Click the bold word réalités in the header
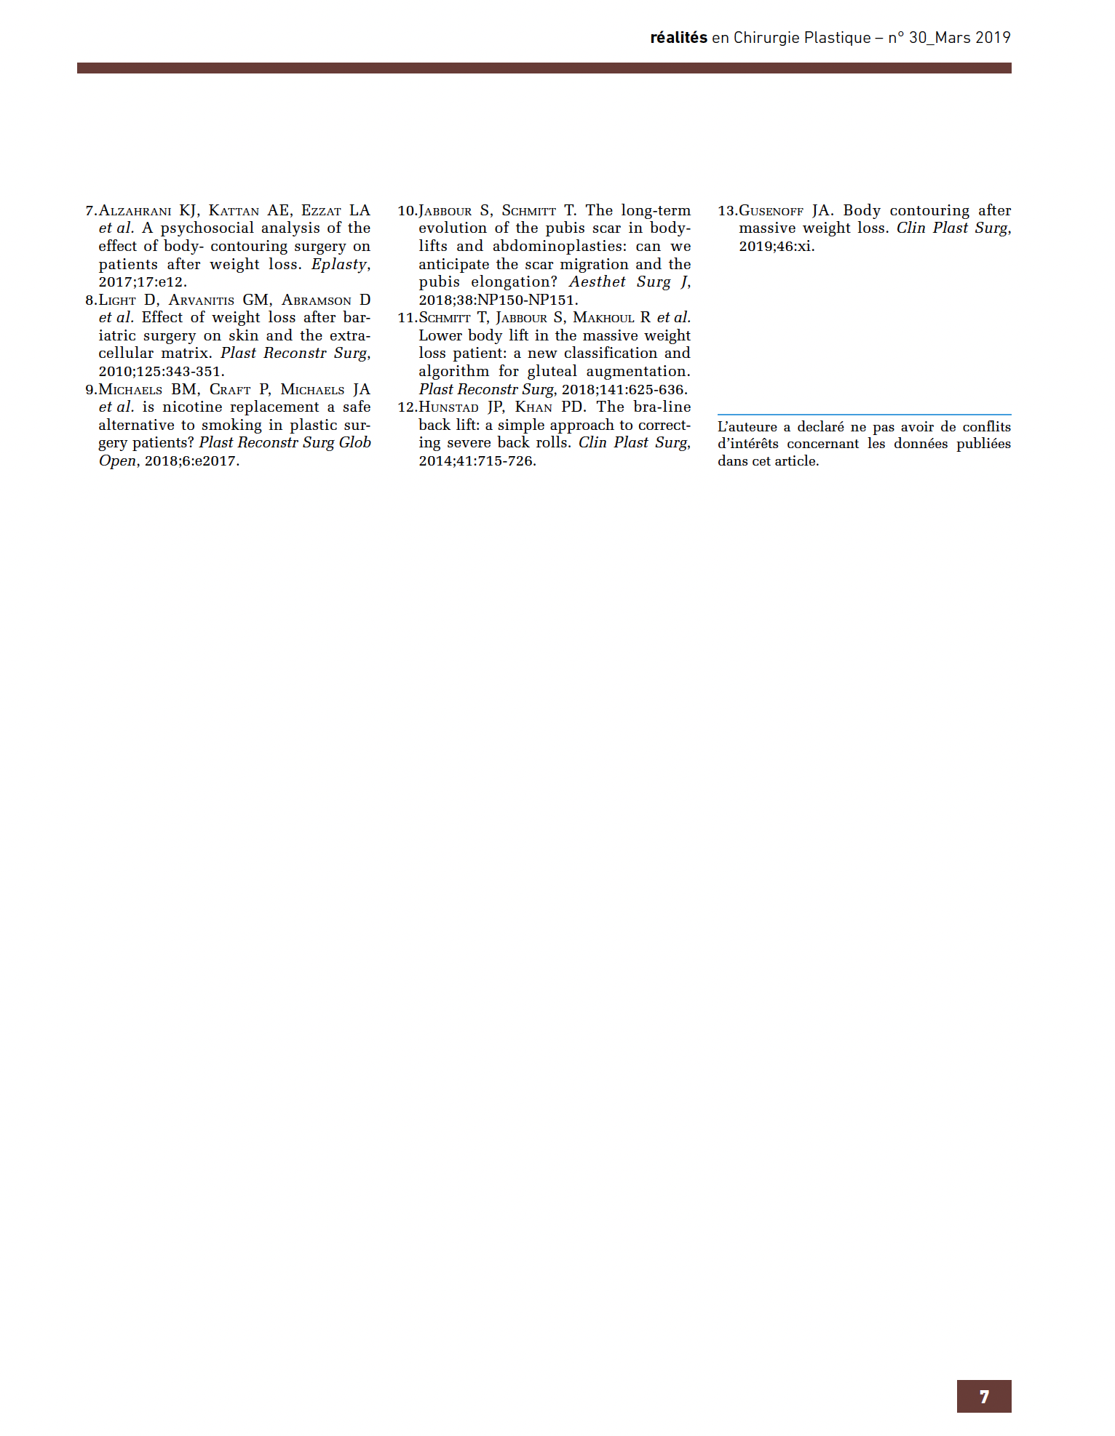point(678,38)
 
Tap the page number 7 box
point(983,1396)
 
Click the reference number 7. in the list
point(91,211)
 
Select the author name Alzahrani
point(135,211)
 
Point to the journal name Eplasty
point(339,264)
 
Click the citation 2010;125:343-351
point(161,371)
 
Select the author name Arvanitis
point(202,300)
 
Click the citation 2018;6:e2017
point(191,461)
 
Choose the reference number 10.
point(407,211)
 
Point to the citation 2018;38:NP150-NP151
point(498,300)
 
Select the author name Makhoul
point(603,318)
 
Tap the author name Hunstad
point(448,407)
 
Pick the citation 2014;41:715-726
point(477,461)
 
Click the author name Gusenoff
point(771,211)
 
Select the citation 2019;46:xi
point(777,247)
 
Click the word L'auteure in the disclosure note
point(747,427)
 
